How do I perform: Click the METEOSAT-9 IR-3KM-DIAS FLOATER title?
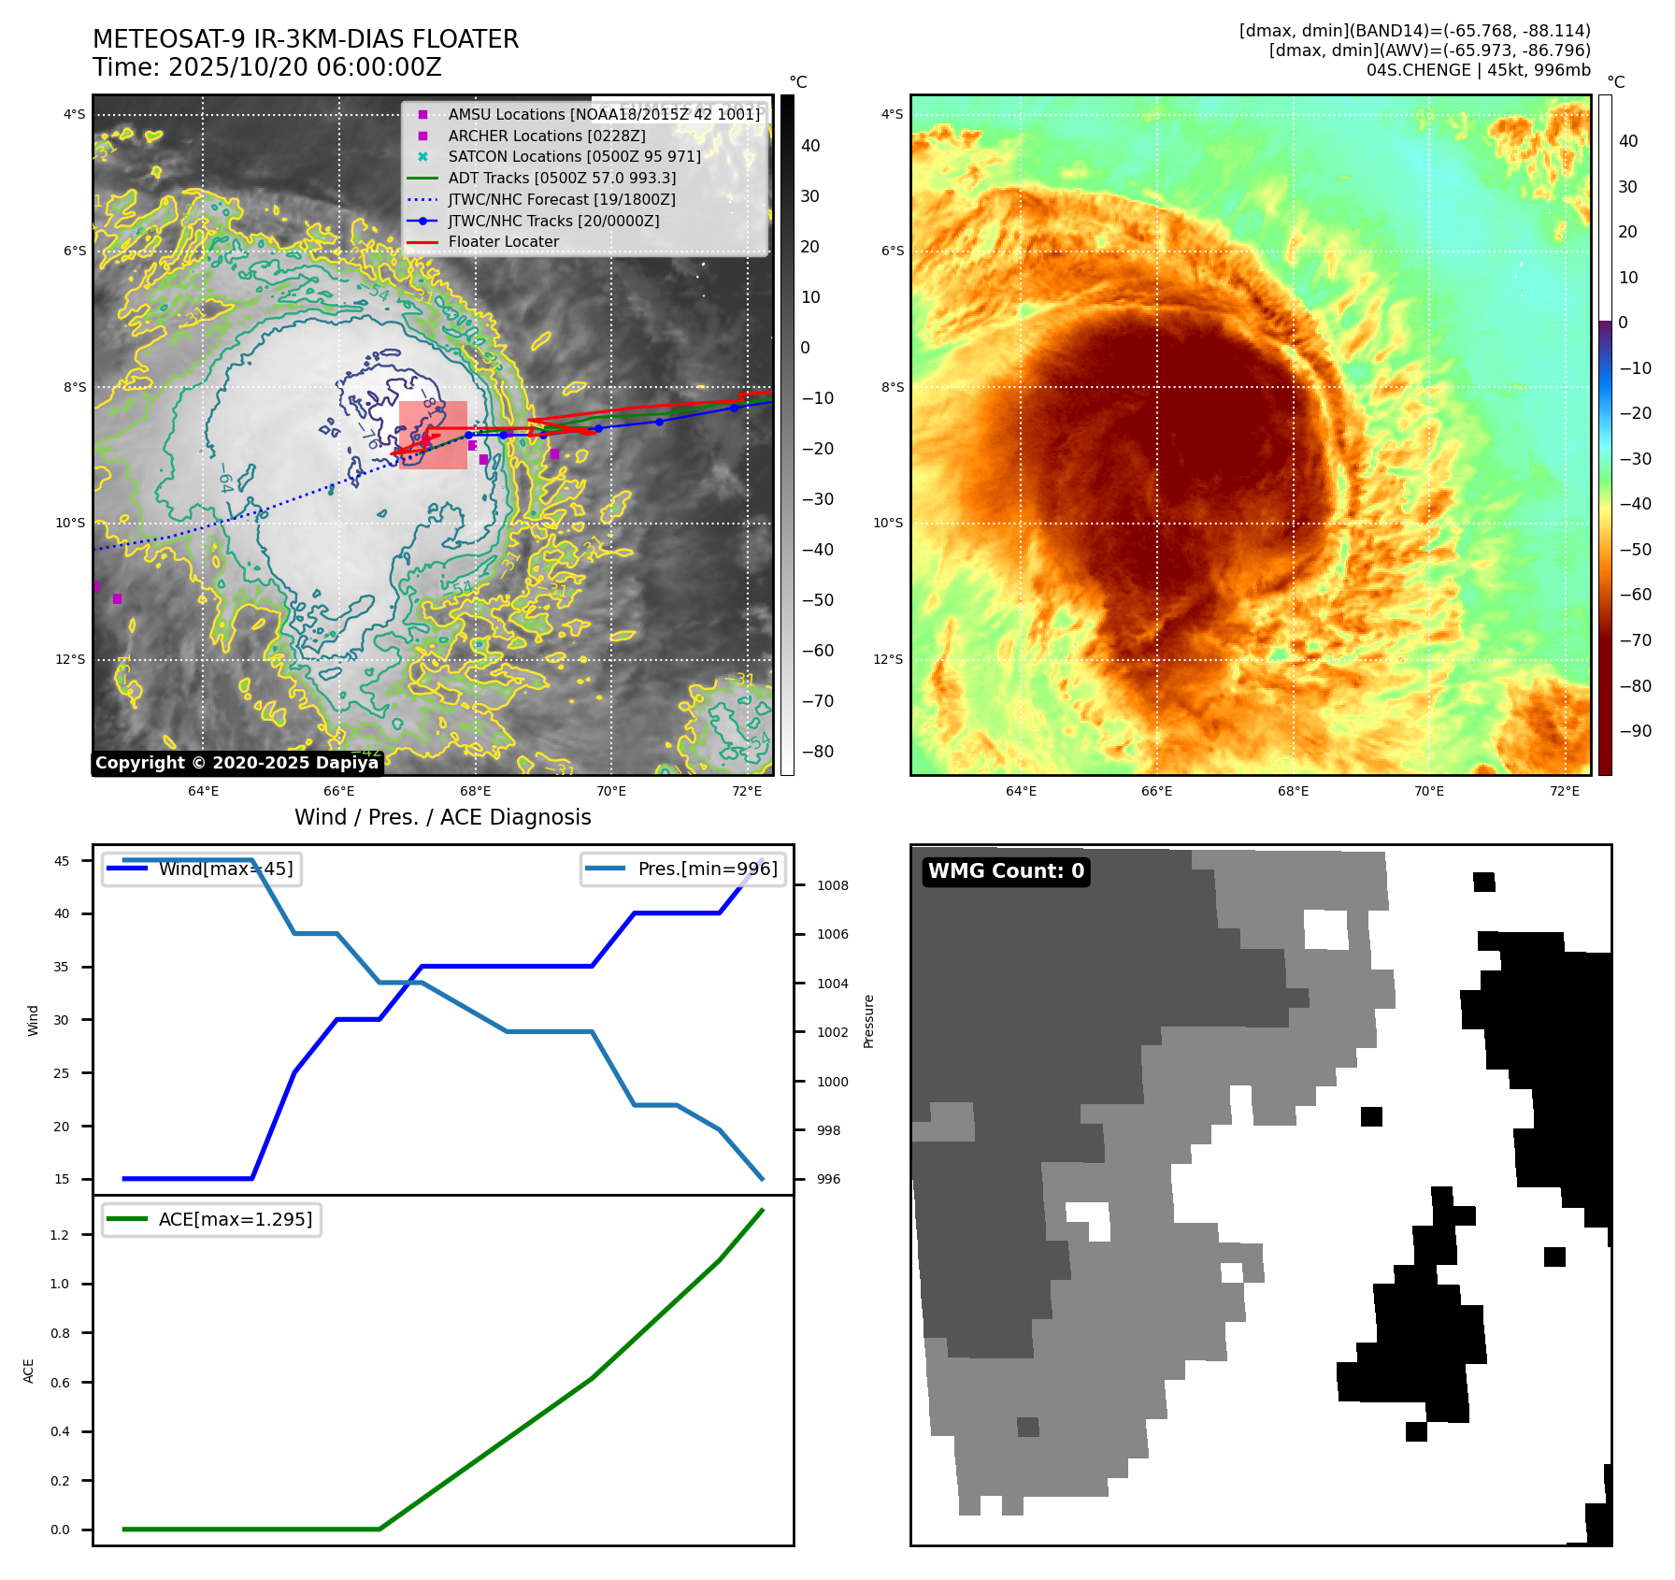(x=306, y=39)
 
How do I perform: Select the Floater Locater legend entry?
(x=503, y=242)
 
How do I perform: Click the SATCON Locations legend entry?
(x=574, y=157)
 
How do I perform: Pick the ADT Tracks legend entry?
(x=562, y=178)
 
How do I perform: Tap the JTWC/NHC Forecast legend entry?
(x=561, y=199)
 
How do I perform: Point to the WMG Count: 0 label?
(x=1006, y=871)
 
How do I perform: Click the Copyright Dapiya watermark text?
(x=236, y=763)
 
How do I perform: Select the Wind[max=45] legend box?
(x=202, y=869)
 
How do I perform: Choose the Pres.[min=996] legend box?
(x=682, y=869)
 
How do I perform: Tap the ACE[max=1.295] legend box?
(x=211, y=1219)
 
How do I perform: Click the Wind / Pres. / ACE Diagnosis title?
(x=442, y=817)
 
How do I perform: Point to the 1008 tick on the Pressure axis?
(x=832, y=885)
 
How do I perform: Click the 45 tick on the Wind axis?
(x=62, y=861)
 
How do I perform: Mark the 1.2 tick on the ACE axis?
(x=60, y=1235)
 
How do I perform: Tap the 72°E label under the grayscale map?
(x=747, y=791)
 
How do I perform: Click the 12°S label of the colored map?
(x=888, y=659)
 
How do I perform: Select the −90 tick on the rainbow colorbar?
(x=1635, y=731)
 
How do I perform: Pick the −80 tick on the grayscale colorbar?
(x=817, y=752)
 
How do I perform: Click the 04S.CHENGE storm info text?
(x=1478, y=70)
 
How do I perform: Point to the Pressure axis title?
(x=868, y=1021)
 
